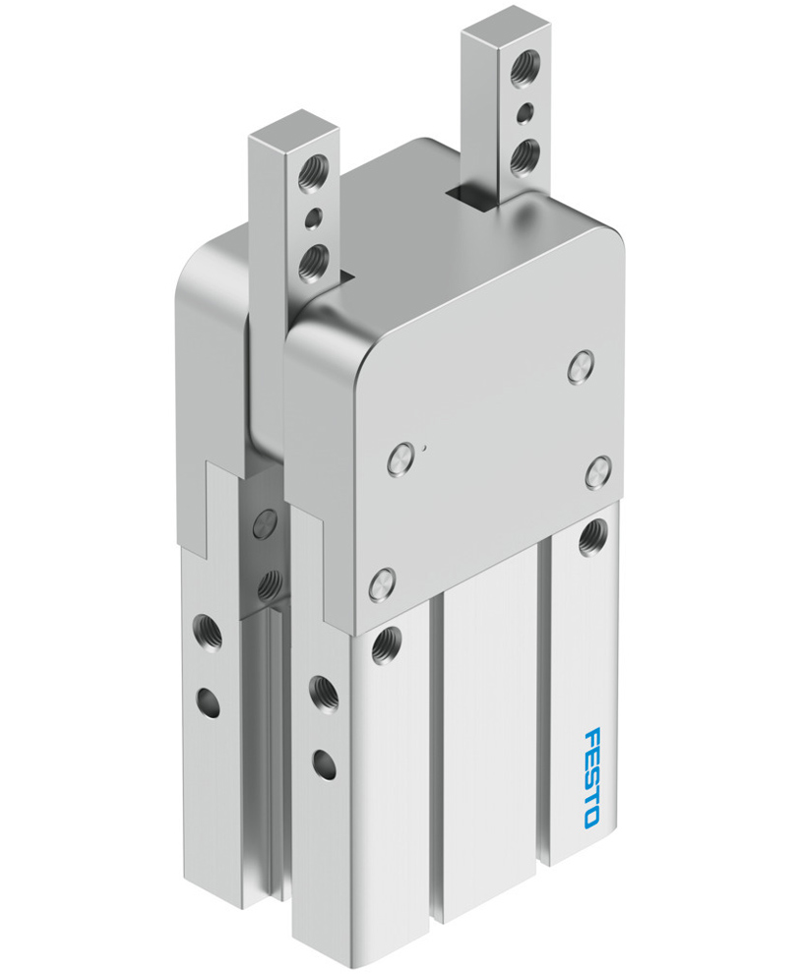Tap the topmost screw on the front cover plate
[580, 367]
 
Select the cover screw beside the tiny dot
[399, 457]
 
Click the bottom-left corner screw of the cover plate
[383, 586]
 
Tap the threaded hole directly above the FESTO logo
[591, 537]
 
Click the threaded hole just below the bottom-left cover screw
[384, 644]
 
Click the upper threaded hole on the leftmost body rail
[207, 625]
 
